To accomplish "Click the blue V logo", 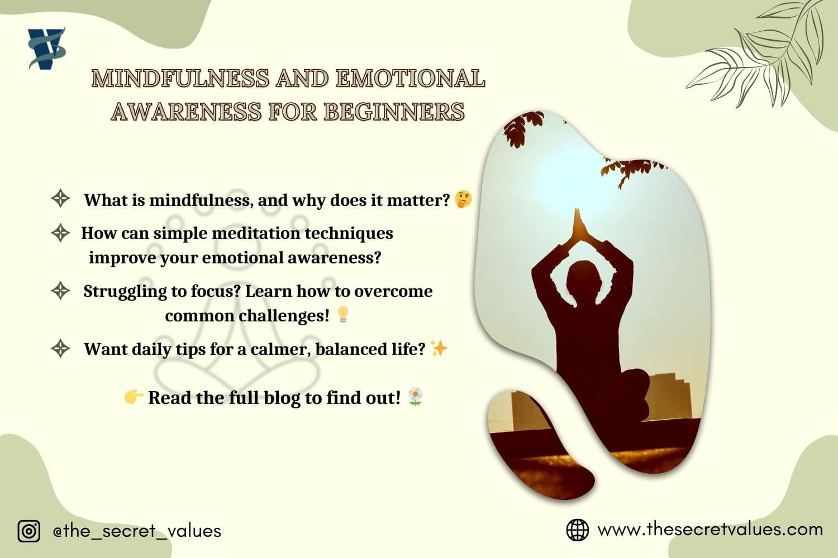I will (47, 49).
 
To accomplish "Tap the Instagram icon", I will (29, 531).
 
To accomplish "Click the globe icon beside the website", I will (577, 530).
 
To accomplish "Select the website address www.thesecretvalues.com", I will (710, 529).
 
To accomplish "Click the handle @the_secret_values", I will (137, 531).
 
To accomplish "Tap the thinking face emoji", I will (463, 200).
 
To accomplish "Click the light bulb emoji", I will (342, 315).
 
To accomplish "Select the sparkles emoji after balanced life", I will (439, 349).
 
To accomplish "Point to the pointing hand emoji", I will (134, 397).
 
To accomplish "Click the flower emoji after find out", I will (415, 397).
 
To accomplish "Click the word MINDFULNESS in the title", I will (181, 79).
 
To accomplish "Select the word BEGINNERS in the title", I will (394, 112).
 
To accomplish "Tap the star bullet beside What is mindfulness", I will (60, 199).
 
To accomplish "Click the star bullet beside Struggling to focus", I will (60, 291).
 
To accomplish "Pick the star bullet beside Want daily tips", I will (60, 349).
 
